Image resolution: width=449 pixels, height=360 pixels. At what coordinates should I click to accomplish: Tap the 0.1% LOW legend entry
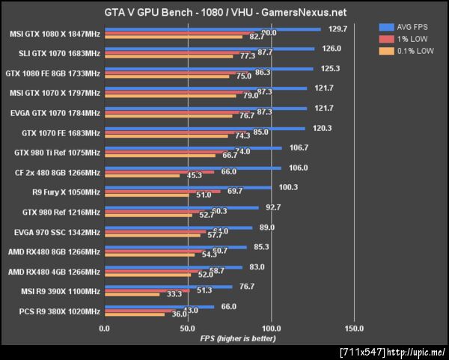click(412, 51)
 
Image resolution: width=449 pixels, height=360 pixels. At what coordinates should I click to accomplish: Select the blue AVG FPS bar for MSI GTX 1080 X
click(213, 30)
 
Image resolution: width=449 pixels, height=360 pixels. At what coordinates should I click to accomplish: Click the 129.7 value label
click(338, 29)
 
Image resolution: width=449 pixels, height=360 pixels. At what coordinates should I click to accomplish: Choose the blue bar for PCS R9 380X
click(159, 306)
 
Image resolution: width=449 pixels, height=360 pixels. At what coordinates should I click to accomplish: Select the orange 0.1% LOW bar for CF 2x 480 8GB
click(142, 176)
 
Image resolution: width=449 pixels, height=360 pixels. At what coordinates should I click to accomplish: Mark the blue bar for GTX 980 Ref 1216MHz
click(181, 207)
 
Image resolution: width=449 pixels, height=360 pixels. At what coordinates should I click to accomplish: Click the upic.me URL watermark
click(392, 352)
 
